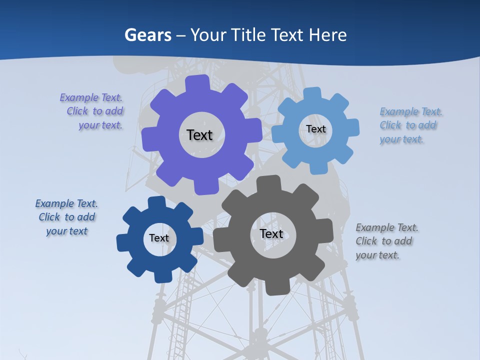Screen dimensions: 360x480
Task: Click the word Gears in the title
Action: (x=148, y=35)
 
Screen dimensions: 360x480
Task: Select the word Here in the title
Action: (x=327, y=35)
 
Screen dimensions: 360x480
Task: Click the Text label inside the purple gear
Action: (x=199, y=135)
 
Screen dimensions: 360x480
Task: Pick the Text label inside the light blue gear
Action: (x=316, y=129)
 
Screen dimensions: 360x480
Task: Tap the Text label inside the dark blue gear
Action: (x=159, y=238)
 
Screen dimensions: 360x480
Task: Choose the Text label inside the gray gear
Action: (x=271, y=234)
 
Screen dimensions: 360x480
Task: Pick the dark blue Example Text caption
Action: (x=67, y=217)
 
